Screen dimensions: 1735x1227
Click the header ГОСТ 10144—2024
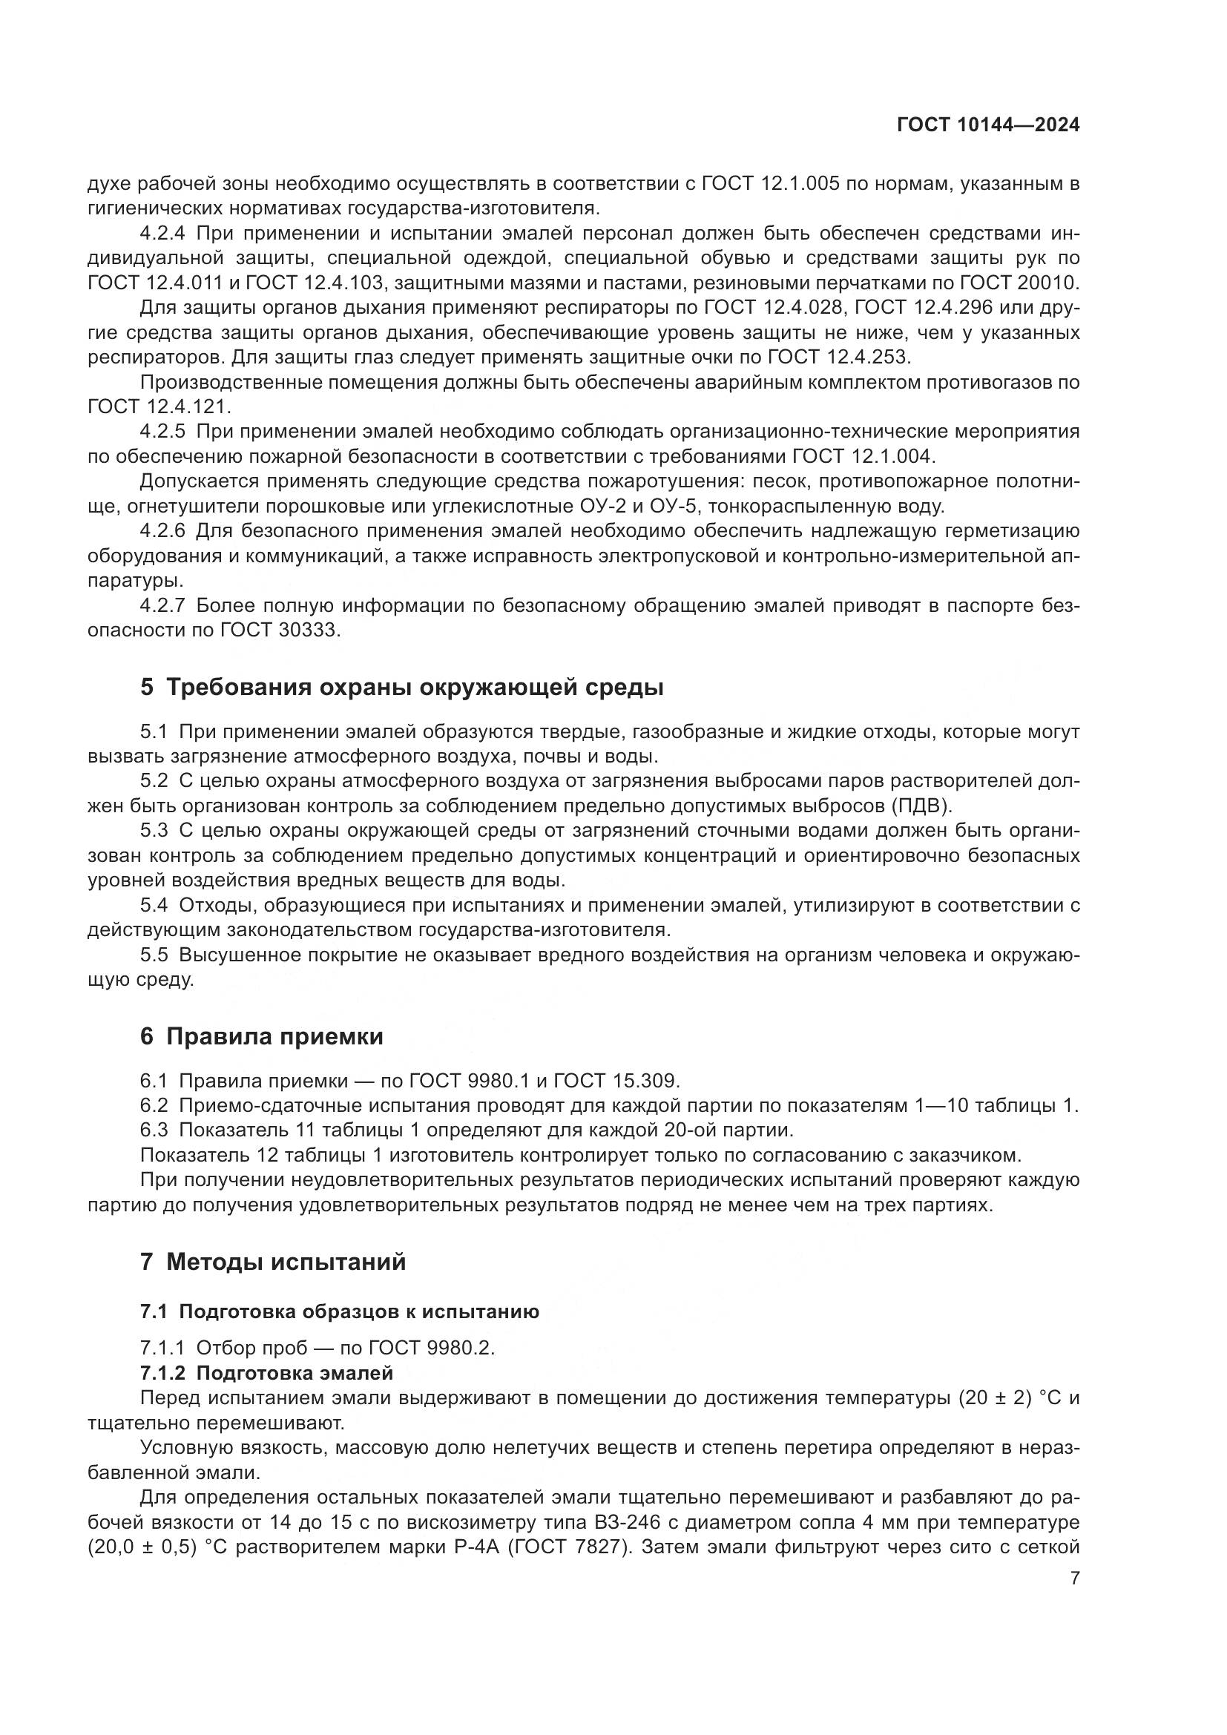(x=987, y=125)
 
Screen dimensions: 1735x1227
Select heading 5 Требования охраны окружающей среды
(x=402, y=688)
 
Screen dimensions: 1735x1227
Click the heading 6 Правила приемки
(x=261, y=1037)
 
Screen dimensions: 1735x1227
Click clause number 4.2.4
(x=162, y=234)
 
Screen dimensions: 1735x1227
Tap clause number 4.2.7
(x=162, y=606)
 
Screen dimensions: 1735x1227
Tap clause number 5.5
(x=154, y=955)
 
